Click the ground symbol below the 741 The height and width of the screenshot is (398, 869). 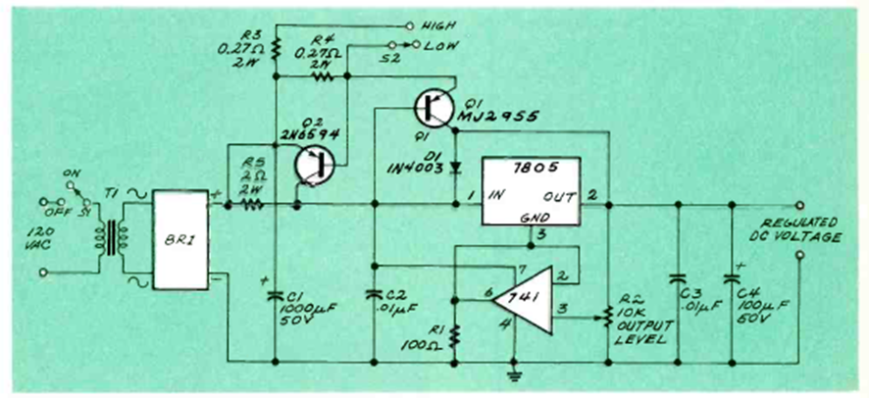click(x=512, y=373)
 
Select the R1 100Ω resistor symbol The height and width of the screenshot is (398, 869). click(x=454, y=338)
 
